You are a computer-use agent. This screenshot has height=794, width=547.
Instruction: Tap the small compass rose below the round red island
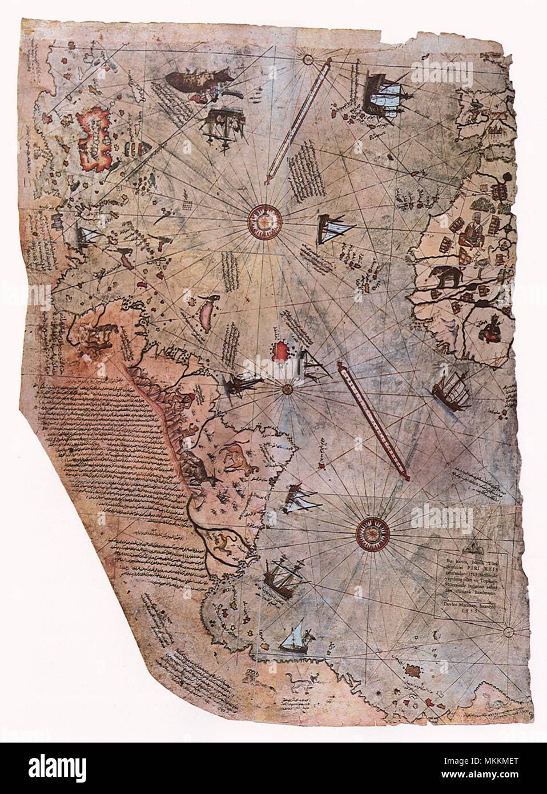287,389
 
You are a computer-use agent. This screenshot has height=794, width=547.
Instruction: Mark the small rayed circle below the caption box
507,632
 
